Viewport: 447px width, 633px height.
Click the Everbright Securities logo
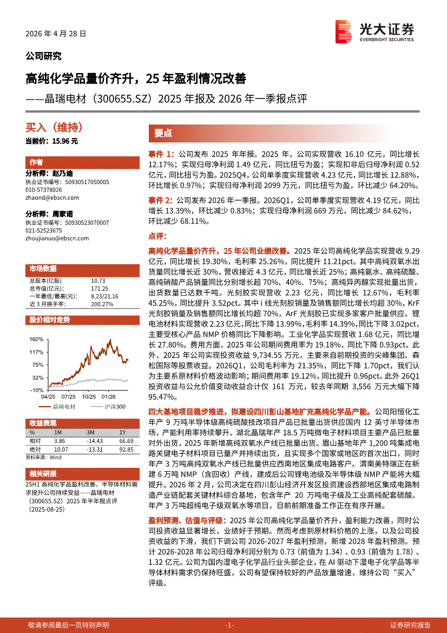tap(374, 31)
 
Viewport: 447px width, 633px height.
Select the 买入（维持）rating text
tap(54, 128)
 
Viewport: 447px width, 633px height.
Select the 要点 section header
tap(163, 133)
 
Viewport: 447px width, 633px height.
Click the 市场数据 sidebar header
tap(43, 269)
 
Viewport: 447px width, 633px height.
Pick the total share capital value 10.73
tap(98, 280)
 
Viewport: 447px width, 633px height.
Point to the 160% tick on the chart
tap(36, 340)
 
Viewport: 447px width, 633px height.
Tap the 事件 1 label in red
tap(161, 154)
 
